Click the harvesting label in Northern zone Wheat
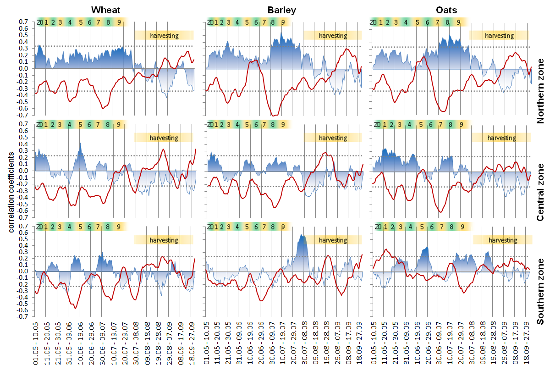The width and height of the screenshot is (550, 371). point(164,35)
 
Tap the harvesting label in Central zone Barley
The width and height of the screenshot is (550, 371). point(333,138)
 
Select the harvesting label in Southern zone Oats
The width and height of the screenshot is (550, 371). point(502,240)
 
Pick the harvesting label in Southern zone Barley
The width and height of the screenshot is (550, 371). point(333,240)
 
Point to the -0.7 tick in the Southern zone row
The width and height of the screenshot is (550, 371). point(23,317)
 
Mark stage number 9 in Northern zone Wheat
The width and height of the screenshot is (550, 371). point(119,22)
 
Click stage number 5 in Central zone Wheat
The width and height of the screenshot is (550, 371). point(80,124)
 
